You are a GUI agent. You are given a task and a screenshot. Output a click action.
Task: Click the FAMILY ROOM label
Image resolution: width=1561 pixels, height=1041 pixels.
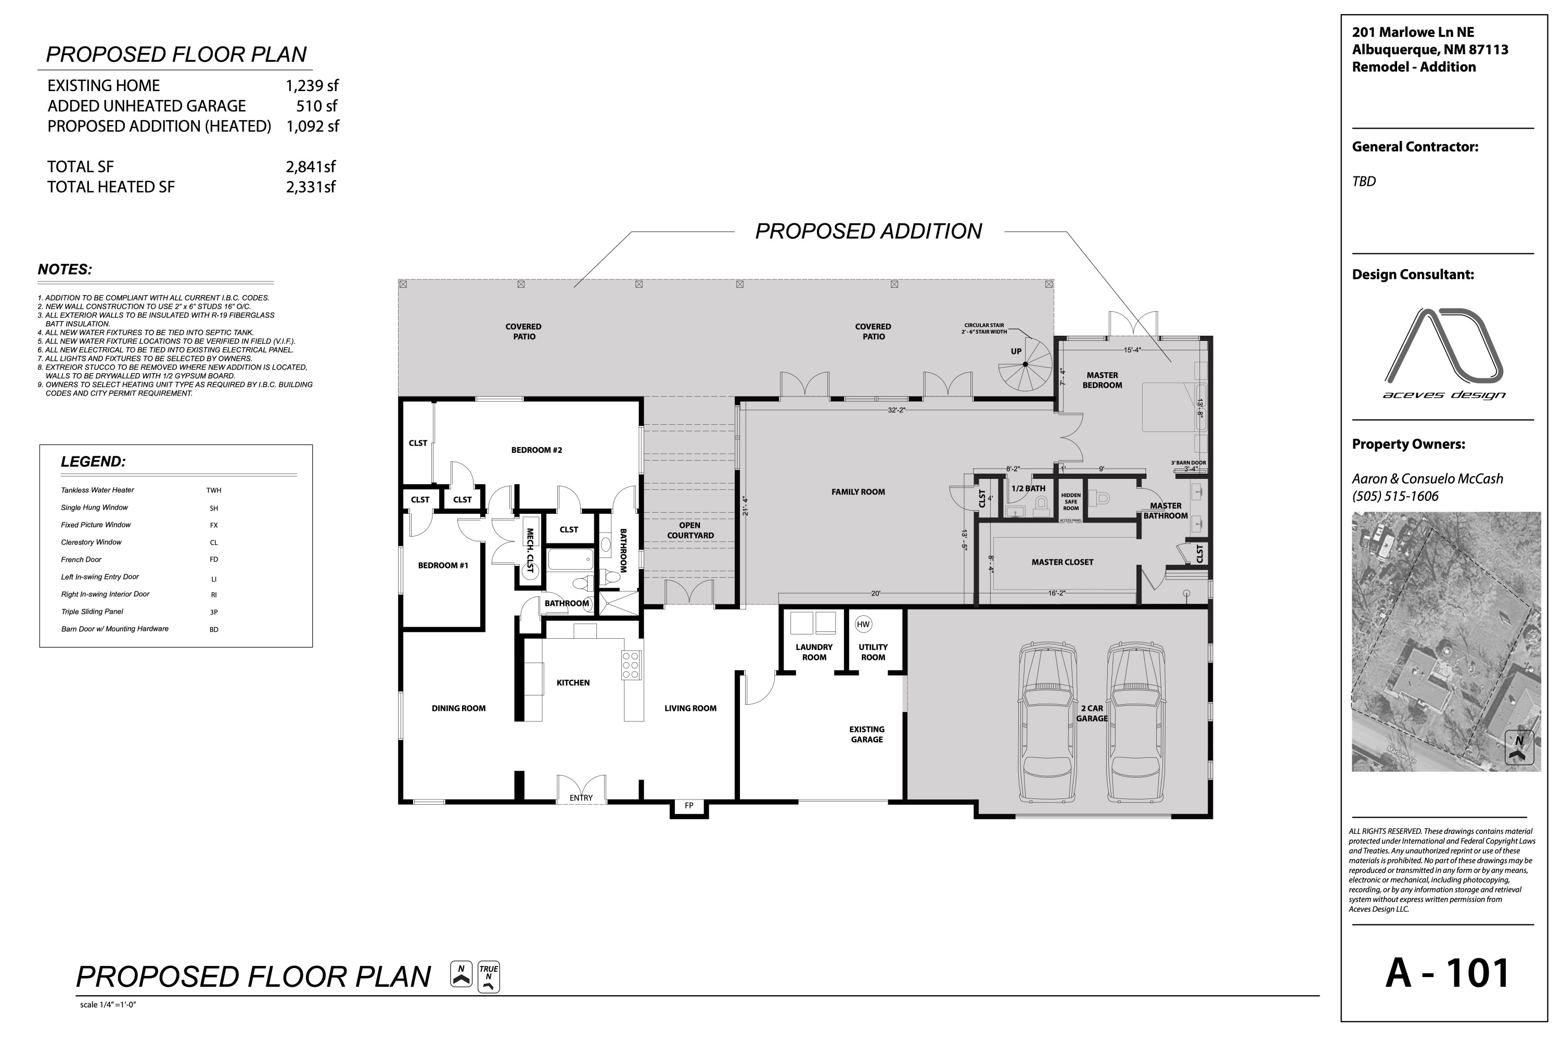coord(858,492)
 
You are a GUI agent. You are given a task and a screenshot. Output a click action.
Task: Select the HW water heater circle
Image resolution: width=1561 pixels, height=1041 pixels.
coord(863,624)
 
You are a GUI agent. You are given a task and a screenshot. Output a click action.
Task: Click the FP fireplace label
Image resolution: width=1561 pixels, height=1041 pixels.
coord(689,806)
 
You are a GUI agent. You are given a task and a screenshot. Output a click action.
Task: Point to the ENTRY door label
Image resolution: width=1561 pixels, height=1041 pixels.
coord(581,798)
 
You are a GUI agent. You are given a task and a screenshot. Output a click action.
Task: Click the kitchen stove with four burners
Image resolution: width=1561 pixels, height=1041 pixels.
coord(631,665)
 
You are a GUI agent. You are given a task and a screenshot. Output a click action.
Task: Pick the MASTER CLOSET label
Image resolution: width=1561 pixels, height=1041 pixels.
coord(1062,562)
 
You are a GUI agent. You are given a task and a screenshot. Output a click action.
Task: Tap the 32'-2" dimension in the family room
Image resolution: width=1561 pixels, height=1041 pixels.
coord(897,410)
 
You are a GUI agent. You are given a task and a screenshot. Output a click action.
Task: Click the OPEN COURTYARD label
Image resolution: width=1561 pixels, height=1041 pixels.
coord(690,530)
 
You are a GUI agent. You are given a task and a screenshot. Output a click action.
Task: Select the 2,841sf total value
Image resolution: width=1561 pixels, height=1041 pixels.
coord(311,167)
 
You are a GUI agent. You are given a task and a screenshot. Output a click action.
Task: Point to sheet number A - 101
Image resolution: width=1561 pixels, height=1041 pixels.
coord(1448,973)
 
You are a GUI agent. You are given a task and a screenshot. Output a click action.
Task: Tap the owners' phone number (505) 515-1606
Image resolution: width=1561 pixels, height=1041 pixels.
coord(1395,497)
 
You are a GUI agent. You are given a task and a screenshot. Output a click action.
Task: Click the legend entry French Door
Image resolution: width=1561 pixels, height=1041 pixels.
coord(81,560)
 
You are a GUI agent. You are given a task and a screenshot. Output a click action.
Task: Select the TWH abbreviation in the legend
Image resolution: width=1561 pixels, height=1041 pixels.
coord(214,491)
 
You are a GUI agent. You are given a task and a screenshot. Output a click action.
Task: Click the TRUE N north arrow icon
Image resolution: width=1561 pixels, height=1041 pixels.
coord(489,977)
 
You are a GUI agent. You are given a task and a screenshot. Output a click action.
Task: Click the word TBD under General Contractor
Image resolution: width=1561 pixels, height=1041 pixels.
coord(1364,181)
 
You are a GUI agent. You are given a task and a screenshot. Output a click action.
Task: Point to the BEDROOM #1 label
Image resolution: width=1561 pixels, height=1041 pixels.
coord(443,566)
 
